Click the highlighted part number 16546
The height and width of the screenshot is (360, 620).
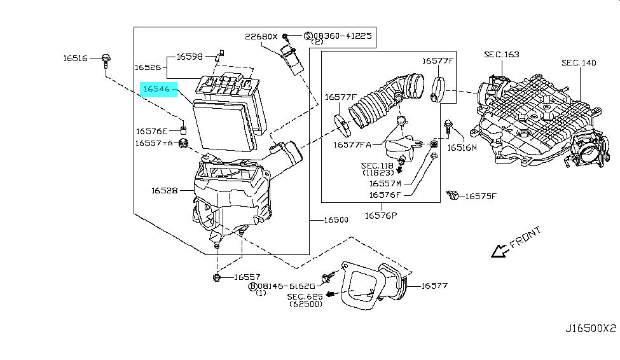tap(156, 89)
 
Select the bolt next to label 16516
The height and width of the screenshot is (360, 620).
tap(106, 62)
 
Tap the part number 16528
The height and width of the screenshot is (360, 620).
tap(165, 191)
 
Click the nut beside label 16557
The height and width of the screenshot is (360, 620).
tap(216, 277)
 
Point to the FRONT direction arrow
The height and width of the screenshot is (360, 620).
tap(499, 251)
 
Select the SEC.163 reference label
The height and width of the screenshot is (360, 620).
tap(502, 55)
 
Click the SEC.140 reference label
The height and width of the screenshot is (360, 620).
tap(579, 62)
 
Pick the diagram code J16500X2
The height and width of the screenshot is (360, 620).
tap(591, 328)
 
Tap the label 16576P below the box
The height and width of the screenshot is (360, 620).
tap(381, 216)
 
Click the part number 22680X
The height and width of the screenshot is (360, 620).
tap(261, 36)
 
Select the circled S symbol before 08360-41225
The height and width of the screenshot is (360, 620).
tap(308, 36)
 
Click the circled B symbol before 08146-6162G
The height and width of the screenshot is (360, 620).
tap(252, 286)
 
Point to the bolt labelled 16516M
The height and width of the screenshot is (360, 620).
tap(448, 127)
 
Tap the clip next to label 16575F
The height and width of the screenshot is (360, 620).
tap(453, 195)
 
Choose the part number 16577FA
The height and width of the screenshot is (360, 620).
tap(352, 145)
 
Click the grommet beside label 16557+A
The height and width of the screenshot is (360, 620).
tap(183, 144)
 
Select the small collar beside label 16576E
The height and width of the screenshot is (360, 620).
tap(183, 130)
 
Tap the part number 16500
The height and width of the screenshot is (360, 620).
tap(336, 220)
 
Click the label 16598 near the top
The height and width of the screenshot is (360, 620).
tap(189, 57)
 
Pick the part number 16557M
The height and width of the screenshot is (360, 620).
tap(385, 184)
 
